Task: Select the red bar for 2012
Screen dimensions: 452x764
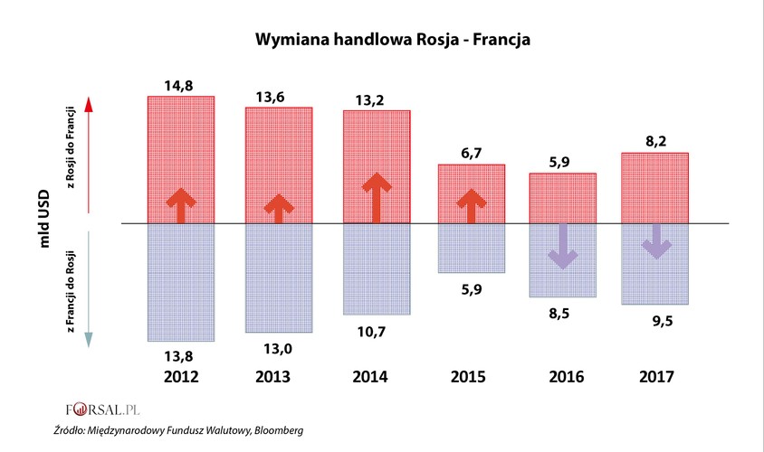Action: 180,136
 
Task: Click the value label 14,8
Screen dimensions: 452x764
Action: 179,86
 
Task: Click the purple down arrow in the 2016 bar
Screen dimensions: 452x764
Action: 562,247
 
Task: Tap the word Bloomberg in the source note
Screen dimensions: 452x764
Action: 275,431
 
